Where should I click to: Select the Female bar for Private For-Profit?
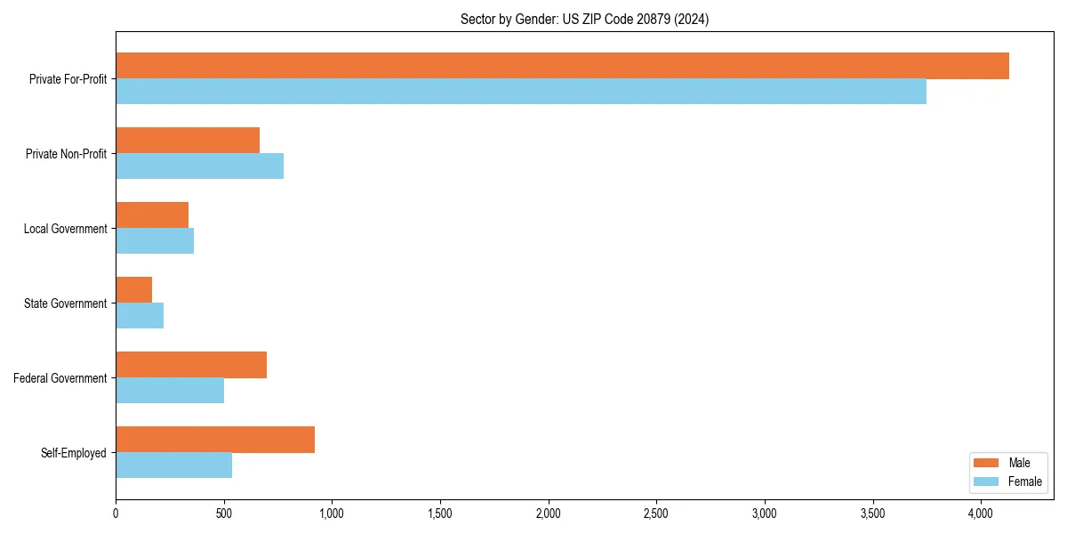click(x=521, y=92)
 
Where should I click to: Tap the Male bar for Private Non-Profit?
click(x=188, y=141)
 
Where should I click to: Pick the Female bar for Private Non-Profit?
click(x=199, y=166)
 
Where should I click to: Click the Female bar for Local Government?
click(x=155, y=241)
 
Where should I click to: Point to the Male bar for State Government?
click(x=133, y=290)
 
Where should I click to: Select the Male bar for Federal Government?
click(x=191, y=365)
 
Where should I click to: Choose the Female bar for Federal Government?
click(x=170, y=391)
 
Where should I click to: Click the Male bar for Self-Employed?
click(x=215, y=440)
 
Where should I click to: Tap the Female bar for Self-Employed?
click(x=173, y=465)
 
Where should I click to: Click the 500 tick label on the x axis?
click(x=224, y=514)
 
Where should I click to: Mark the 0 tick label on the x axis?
click(x=116, y=514)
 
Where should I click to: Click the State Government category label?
click(x=65, y=303)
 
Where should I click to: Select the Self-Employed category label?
click(x=73, y=453)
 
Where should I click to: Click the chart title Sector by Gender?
click(x=584, y=19)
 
